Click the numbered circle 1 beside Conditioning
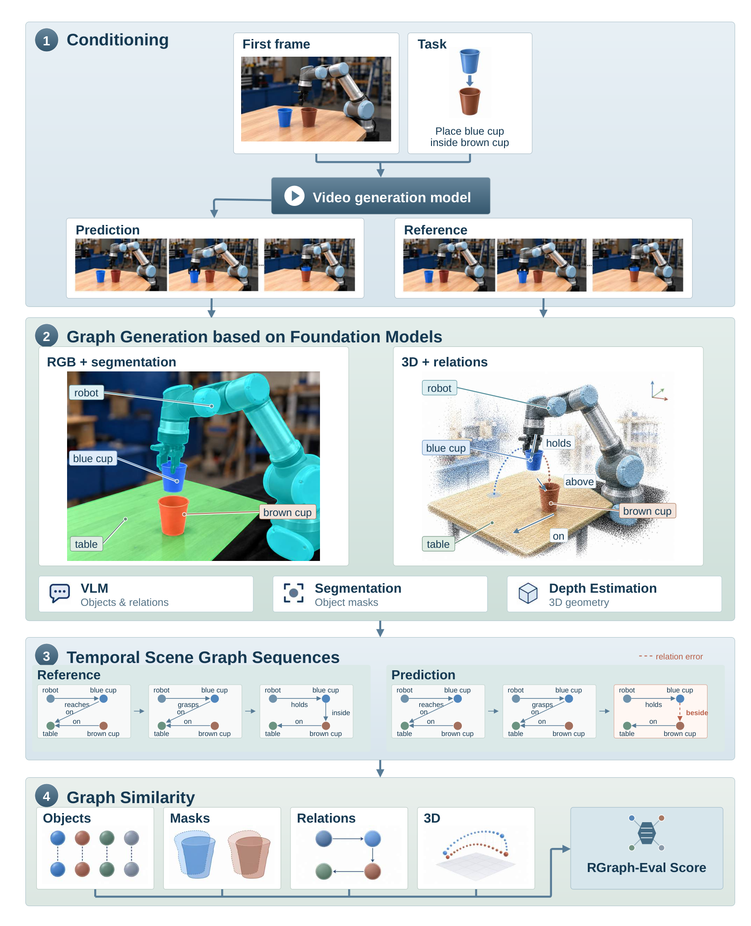click(46, 40)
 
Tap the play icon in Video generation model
click(294, 196)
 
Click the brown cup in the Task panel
click(470, 101)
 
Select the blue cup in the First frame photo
click(285, 117)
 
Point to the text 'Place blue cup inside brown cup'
click(470, 137)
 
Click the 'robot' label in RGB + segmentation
click(86, 393)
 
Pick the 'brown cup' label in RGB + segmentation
click(287, 512)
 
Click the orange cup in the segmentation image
click(173, 515)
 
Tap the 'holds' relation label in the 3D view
click(558, 443)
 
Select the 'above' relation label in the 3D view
click(579, 482)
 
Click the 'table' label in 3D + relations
click(438, 544)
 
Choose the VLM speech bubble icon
click(60, 593)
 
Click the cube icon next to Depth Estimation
click(528, 593)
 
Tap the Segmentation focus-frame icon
click(294, 593)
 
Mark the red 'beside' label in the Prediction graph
click(697, 712)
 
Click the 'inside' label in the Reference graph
click(341, 712)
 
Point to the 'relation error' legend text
click(679, 656)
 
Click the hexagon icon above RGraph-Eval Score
click(647, 833)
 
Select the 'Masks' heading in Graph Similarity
click(190, 818)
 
